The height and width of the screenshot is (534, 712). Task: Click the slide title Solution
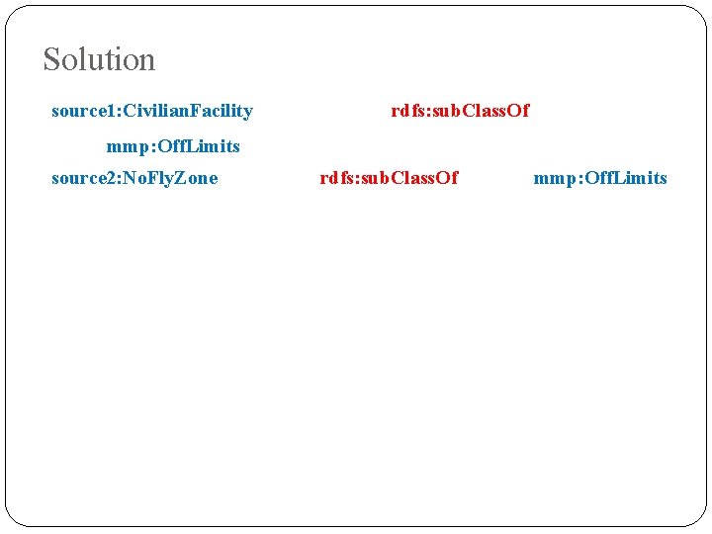point(99,60)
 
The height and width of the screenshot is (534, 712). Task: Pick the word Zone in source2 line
point(197,178)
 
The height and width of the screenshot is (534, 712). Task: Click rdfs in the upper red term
point(406,111)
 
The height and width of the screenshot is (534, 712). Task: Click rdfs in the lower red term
point(335,178)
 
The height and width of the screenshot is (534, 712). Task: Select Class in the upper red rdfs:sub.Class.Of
point(480,111)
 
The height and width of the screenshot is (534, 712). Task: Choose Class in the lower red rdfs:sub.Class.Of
point(408,178)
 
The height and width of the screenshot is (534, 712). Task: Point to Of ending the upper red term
point(518,111)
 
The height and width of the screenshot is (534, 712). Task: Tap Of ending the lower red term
point(447,178)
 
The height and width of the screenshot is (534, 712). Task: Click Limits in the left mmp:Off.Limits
point(214,146)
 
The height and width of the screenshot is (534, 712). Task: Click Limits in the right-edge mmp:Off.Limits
point(641,178)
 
